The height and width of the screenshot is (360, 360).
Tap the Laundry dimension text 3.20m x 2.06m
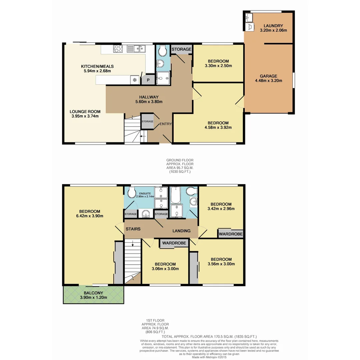tap(273, 30)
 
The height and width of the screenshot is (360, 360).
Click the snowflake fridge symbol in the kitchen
tap(135, 80)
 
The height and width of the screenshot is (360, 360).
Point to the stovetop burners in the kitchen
tap(118, 49)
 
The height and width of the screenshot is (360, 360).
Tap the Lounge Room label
tap(85, 111)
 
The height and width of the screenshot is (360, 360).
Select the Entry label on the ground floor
tap(165, 124)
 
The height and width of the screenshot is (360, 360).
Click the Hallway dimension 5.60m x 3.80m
tap(149, 102)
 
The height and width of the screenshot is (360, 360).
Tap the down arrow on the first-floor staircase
tap(133, 243)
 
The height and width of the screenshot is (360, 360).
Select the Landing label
tap(181, 231)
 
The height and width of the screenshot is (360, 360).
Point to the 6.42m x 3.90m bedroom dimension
tap(89, 216)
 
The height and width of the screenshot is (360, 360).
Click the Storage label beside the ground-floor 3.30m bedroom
tap(181, 49)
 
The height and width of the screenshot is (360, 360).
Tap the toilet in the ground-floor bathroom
tap(163, 51)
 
